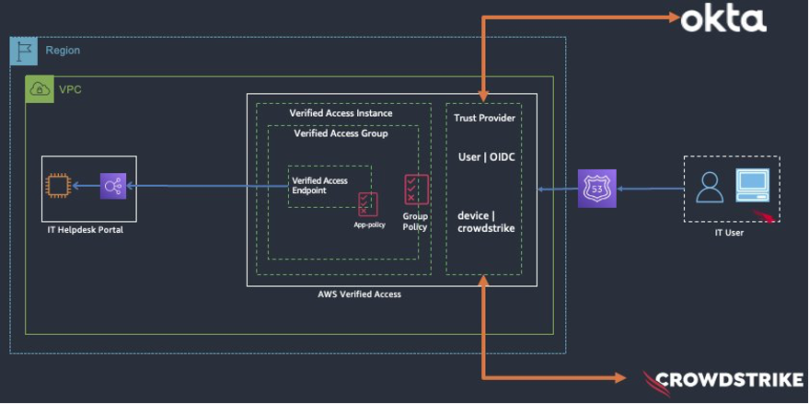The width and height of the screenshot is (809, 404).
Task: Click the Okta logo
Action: pos(722,18)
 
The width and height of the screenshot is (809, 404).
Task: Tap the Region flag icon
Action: pos(24,51)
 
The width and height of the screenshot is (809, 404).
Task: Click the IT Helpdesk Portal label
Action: pos(86,229)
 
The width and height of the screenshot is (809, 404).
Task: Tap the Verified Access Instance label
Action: pos(341,113)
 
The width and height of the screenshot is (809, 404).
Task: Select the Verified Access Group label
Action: pos(341,133)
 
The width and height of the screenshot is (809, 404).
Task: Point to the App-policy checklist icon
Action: pos(368,203)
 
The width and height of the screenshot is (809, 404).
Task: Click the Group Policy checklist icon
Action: pos(415,190)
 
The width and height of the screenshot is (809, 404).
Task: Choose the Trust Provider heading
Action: pos(484,118)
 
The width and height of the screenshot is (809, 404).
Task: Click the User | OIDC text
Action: pos(486,157)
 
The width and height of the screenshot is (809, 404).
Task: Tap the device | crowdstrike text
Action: pos(486,222)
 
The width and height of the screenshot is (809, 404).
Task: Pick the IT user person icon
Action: pos(710,187)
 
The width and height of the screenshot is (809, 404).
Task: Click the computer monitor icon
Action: pos(752,185)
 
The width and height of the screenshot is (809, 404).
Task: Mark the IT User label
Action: pos(729,233)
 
